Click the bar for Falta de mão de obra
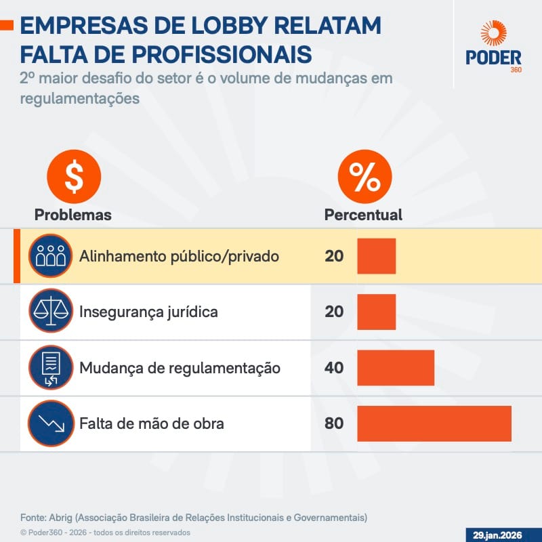(434, 423)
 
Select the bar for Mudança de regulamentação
(396, 368)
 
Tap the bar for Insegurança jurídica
(376, 312)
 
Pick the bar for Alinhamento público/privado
(376, 256)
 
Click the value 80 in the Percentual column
(334, 424)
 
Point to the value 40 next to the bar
(334, 369)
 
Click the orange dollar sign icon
(73, 178)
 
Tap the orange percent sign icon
(364, 178)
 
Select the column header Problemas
(73, 215)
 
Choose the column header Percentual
(363, 215)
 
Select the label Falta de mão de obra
(152, 424)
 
